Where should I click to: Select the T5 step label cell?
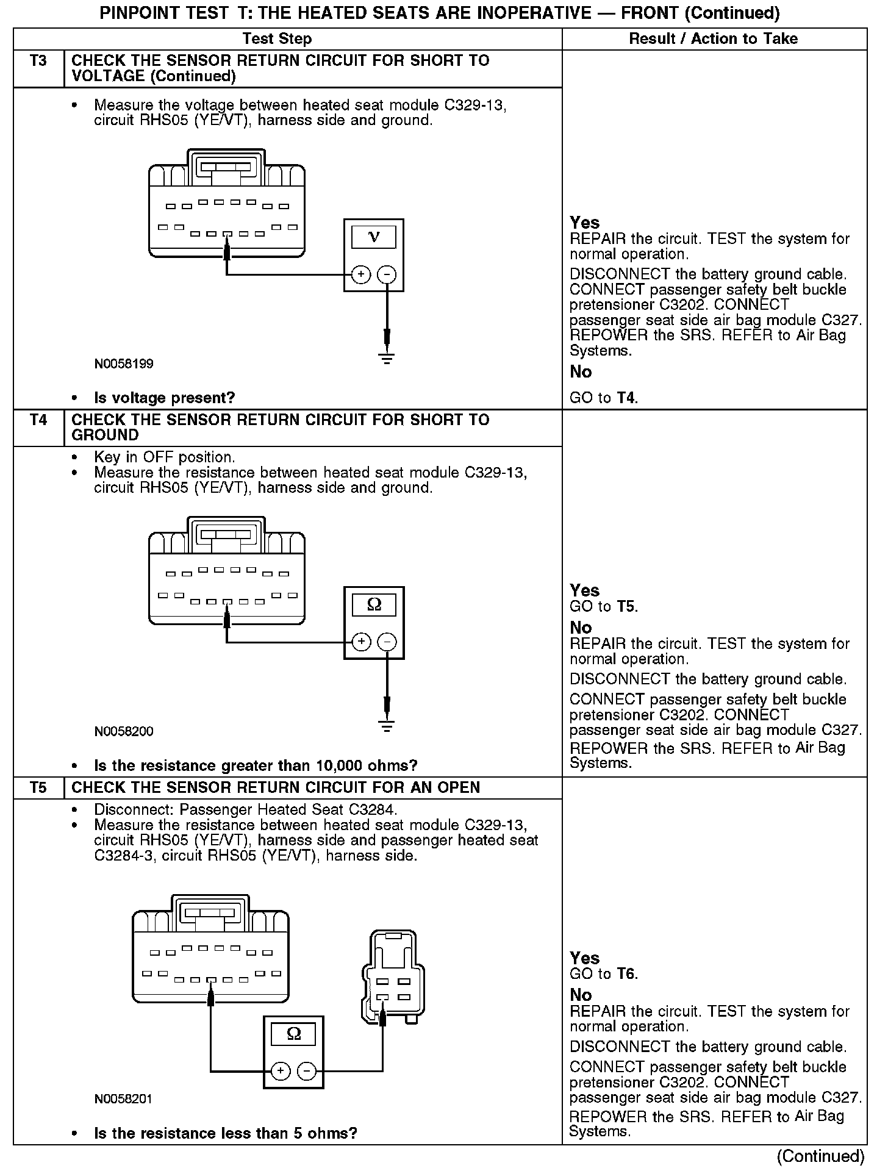[38, 787]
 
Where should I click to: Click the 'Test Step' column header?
[277, 39]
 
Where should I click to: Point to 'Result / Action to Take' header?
[713, 39]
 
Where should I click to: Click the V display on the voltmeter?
[374, 237]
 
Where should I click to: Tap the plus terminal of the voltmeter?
[361, 274]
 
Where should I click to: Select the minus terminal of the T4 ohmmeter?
[387, 642]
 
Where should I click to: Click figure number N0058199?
[124, 364]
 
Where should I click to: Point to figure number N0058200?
[124, 731]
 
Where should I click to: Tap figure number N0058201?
[124, 1099]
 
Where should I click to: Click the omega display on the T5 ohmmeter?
[293, 1034]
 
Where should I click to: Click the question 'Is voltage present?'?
[164, 398]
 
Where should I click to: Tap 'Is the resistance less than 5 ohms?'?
[225, 1133]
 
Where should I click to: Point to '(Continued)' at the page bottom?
[820, 1156]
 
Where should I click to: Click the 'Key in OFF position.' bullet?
[164, 457]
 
